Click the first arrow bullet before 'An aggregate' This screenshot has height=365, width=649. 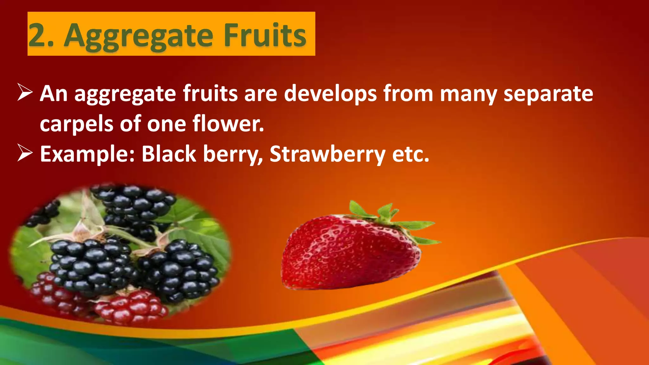25,93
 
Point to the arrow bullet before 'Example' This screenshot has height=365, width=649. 25,153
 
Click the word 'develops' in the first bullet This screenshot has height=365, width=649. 330,94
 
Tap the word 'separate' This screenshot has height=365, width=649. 548,94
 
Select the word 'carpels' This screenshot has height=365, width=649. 76,124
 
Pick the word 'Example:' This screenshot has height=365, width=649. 87,154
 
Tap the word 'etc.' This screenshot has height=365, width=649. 411,154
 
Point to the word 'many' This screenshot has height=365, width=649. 468,94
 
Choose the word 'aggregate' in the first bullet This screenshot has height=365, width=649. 125,94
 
